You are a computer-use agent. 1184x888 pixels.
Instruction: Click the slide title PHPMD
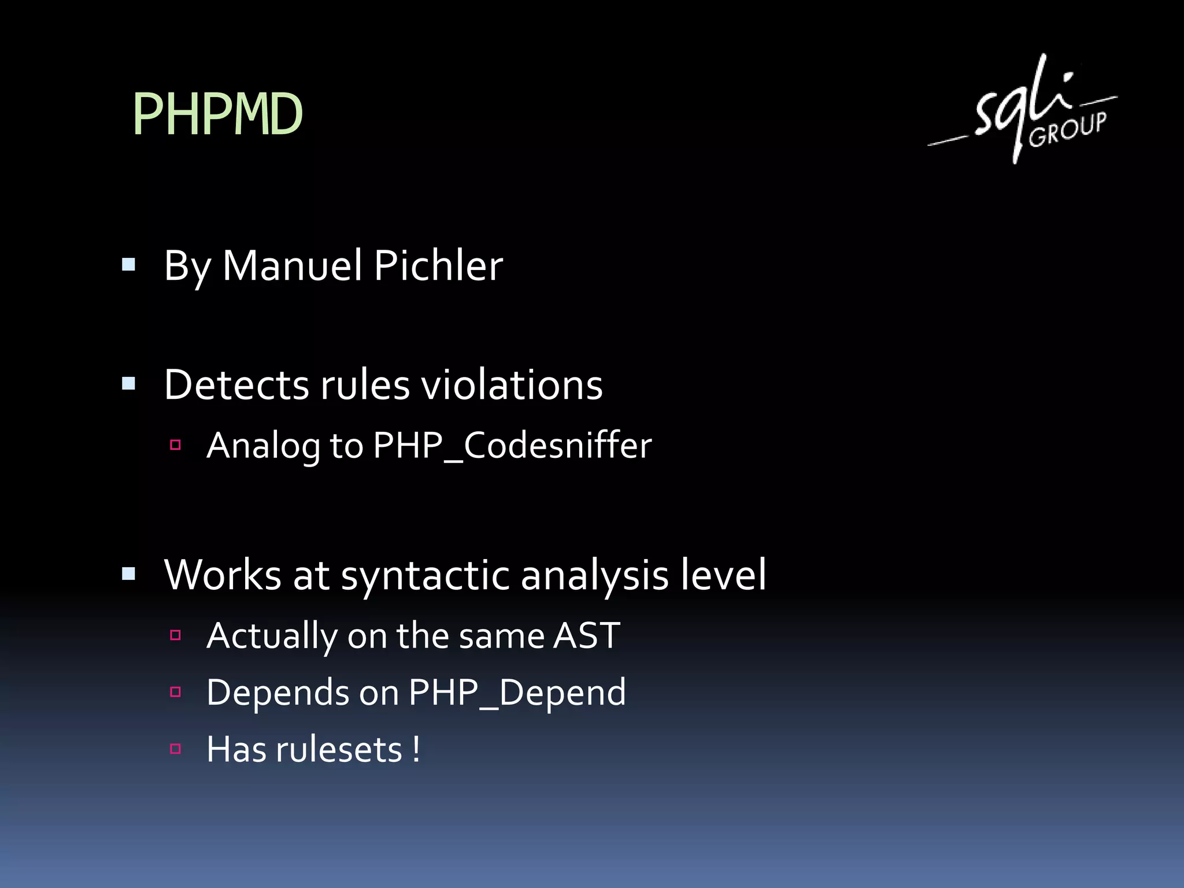(x=217, y=114)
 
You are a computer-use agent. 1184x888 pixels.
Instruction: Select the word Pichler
(x=438, y=266)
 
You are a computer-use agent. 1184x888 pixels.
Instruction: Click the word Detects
(x=237, y=385)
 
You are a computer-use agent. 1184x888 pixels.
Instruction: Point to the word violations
(x=512, y=385)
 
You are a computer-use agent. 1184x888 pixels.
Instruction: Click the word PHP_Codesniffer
(x=512, y=446)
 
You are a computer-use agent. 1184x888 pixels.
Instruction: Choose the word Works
(x=223, y=575)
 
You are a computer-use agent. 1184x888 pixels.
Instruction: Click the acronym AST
(x=587, y=636)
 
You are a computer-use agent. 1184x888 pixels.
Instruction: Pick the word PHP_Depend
(x=517, y=693)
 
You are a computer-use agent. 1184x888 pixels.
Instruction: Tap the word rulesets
(x=339, y=750)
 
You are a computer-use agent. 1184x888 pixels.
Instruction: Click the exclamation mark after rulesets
(x=416, y=749)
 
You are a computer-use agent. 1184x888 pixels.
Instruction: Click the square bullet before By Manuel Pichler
(x=129, y=265)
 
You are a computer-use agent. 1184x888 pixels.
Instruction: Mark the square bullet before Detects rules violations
(x=129, y=384)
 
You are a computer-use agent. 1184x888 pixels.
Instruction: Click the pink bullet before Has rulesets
(x=176, y=749)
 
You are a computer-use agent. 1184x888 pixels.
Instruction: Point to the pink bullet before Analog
(x=176, y=445)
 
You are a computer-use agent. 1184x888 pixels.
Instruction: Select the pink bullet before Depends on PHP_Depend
(x=176, y=692)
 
